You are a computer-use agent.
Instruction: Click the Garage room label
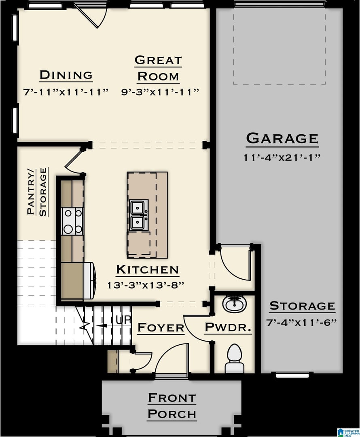tap(282, 138)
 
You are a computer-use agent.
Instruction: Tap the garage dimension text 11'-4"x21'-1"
tap(282, 157)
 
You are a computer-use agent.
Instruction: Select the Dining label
tap(66, 75)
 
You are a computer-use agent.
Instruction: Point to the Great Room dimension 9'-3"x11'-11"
tap(160, 92)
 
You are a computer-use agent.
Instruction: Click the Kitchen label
tap(147, 269)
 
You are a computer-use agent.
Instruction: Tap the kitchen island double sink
tap(138, 215)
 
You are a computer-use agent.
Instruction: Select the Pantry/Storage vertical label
tap(37, 192)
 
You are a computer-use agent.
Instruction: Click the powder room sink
tap(234, 304)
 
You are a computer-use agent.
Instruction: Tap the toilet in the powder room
tap(234, 359)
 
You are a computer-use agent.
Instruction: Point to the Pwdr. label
tap(228, 327)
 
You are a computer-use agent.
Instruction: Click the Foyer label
tap(161, 327)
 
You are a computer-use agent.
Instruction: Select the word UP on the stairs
tap(123, 320)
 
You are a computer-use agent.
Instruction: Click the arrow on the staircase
tap(102, 325)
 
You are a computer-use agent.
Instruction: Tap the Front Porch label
tap(172, 406)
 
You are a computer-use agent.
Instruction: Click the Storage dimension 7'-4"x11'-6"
tap(302, 323)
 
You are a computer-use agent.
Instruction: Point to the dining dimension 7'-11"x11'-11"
tap(66, 92)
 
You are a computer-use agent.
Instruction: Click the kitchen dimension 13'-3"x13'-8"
tap(146, 285)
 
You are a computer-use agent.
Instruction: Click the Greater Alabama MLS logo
tap(348, 432)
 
